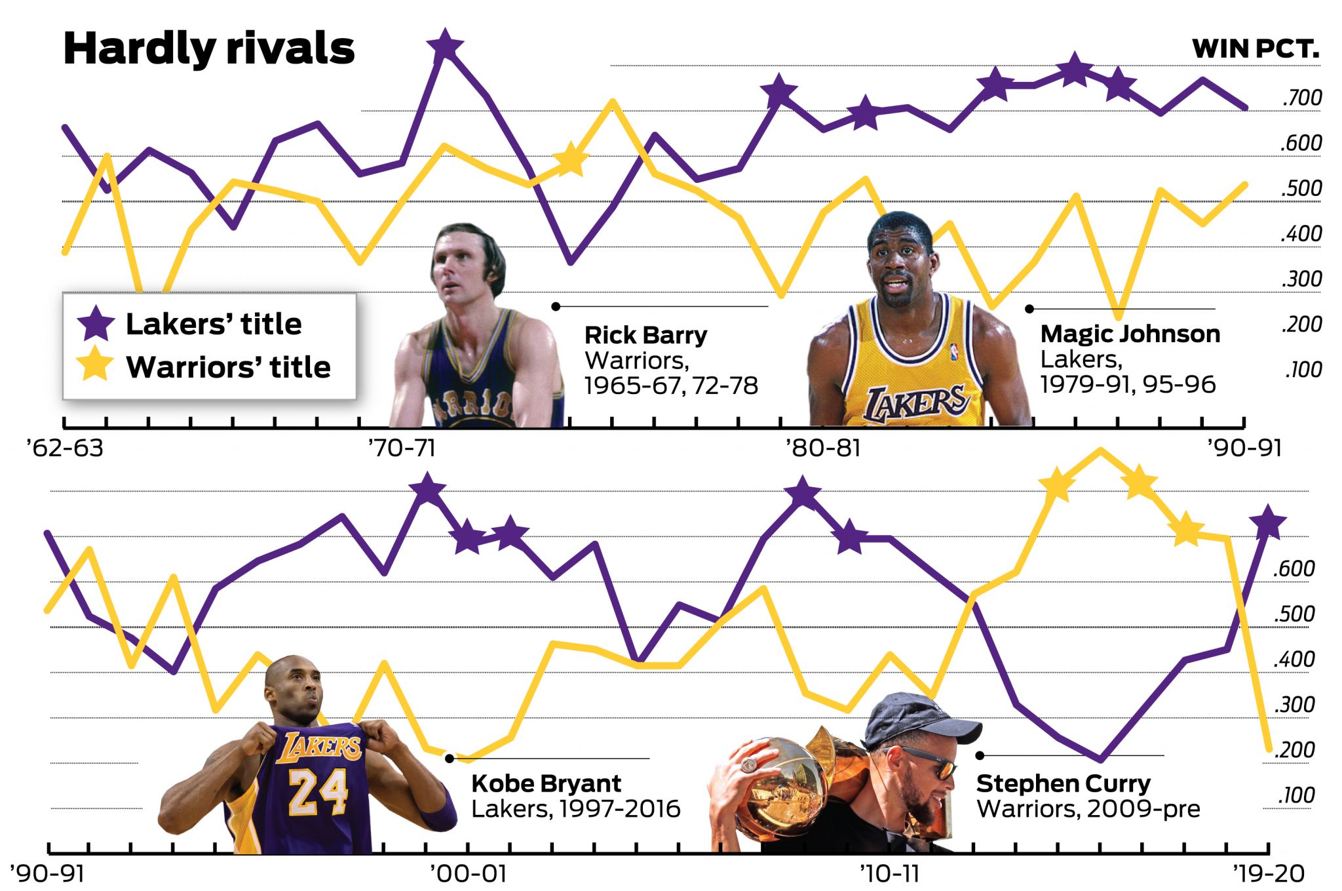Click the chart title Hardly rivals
208,49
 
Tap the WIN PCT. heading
1255,49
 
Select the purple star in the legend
96,323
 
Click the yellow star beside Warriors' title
96,364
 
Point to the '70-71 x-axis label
402,448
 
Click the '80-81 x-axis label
823,448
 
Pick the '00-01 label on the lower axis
468,874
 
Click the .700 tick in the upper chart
1301,98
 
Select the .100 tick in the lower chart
1296,795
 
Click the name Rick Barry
645,335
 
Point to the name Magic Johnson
1130,334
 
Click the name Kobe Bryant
546,783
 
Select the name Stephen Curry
1063,783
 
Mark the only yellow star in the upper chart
571,159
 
